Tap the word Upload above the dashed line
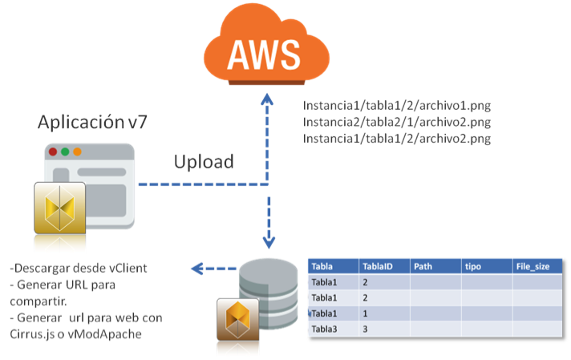tap(204, 161)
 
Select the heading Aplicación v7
tap(93, 123)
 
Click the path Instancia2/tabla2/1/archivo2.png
tap(396, 122)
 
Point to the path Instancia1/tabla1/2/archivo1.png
tap(396, 105)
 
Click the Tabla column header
tap(323, 266)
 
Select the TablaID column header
tap(379, 266)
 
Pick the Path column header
tap(424, 266)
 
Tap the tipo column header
tap(472, 266)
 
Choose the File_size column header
tap(532, 266)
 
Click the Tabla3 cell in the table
tap(326, 329)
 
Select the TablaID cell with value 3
tap(366, 329)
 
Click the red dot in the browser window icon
tap(53, 152)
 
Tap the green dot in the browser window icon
tap(77, 152)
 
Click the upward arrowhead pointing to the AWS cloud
tap(268, 99)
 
